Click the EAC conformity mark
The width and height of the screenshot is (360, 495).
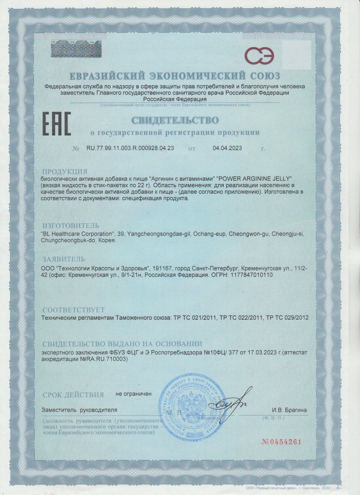pyautogui.click(x=56, y=124)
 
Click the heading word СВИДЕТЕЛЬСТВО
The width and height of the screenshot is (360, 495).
pyautogui.click(x=174, y=120)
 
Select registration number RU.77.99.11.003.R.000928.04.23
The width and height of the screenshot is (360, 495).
pyautogui.click(x=130, y=148)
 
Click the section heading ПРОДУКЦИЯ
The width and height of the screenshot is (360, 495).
pyautogui.click(x=65, y=172)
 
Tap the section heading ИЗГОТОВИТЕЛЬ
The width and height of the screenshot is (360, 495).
pyautogui.click(x=71, y=225)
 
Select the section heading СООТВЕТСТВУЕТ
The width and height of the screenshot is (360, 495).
pyautogui.click(x=73, y=310)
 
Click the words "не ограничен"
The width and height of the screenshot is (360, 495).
pyautogui.click(x=133, y=394)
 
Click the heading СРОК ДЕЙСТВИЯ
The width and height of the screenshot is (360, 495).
pyautogui.click(x=73, y=395)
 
